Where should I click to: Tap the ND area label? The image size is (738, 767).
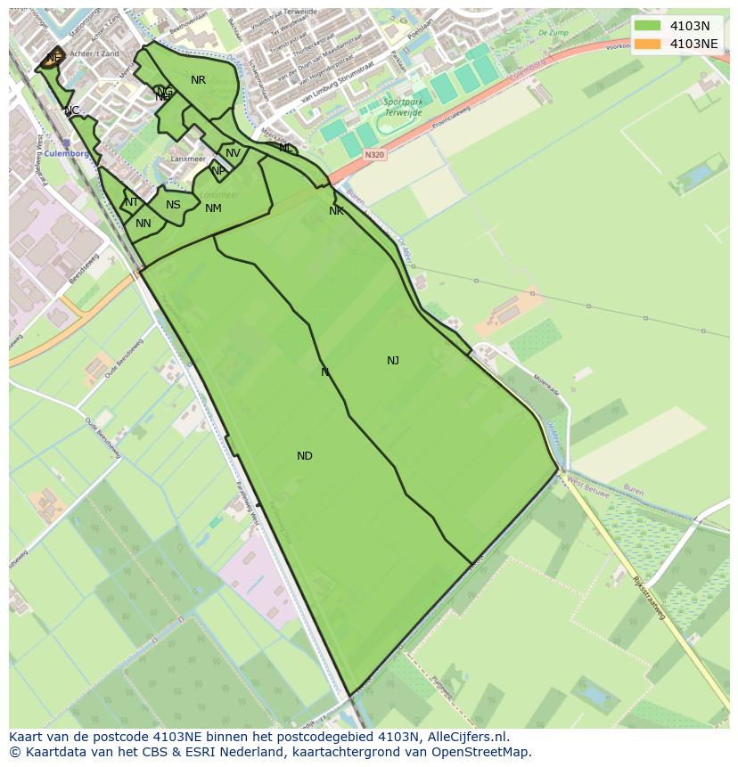pos(305,456)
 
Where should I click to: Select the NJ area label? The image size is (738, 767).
pos(393,361)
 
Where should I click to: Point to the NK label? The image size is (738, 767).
pos(336,211)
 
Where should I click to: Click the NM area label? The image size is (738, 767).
pos(213,208)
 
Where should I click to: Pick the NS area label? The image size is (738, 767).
pos(173,205)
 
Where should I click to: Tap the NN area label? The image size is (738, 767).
pos(143,224)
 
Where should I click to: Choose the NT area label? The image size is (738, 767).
pos(131,202)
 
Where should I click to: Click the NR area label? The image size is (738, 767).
pos(198,80)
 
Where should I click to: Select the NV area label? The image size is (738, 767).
pos(233,153)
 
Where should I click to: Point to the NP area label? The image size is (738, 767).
pos(217,171)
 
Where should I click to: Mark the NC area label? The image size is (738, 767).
pos(71,110)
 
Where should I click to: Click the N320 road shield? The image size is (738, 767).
pos(375,154)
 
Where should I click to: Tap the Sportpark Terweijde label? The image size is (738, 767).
pos(403,108)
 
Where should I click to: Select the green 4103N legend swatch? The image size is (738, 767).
pos(648,26)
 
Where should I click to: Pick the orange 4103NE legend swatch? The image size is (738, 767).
pos(648,44)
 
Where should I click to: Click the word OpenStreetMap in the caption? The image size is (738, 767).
pos(482,752)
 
